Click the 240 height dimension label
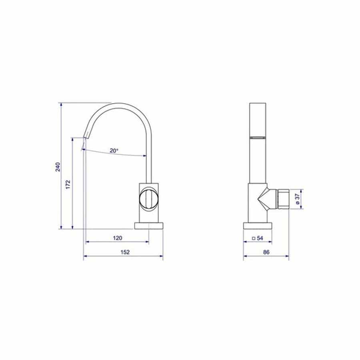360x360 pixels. [58, 167]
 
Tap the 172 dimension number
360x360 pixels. [68, 184]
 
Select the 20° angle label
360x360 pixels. [114, 151]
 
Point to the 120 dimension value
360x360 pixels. [118, 238]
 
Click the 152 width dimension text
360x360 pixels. [125, 252]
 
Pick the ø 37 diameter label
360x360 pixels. [297, 199]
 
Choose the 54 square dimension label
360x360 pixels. [260, 238]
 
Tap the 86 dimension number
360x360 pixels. [266, 252]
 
